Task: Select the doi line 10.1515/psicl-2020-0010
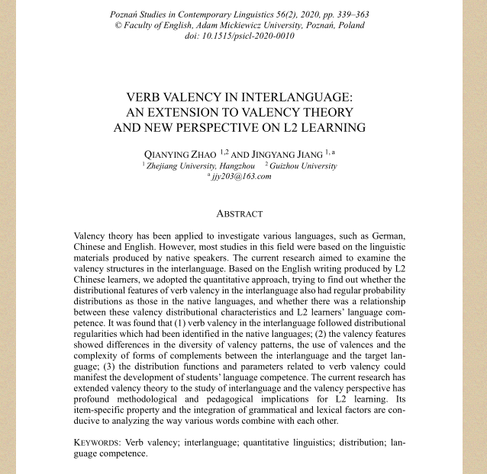[239, 36]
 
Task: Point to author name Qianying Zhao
[180, 154]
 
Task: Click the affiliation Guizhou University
[303, 165]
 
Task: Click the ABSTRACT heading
[239, 214]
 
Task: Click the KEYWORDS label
[97, 442]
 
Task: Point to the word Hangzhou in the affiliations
[238, 165]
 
